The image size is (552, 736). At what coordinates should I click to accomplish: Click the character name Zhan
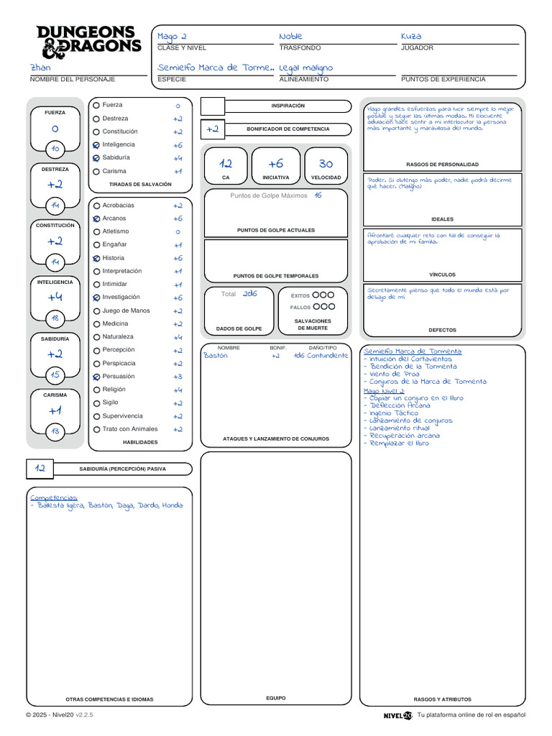pyautogui.click(x=40, y=68)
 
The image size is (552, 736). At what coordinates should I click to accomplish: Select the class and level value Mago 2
pyautogui.click(x=172, y=37)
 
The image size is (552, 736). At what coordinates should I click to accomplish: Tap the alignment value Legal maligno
pyautogui.click(x=306, y=68)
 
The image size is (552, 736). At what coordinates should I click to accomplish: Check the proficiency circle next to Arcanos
pyautogui.click(x=96, y=218)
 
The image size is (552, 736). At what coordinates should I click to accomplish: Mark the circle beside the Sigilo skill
pyautogui.click(x=96, y=403)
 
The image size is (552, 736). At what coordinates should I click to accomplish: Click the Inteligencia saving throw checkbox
pyautogui.click(x=96, y=144)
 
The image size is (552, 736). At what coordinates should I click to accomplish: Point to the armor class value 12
pyautogui.click(x=226, y=164)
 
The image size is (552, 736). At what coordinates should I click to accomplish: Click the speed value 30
pyautogui.click(x=326, y=164)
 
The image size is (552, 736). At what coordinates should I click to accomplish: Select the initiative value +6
pyautogui.click(x=275, y=164)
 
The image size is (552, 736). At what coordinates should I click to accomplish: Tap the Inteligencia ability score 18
pyautogui.click(x=55, y=318)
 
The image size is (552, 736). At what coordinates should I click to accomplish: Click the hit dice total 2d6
pyautogui.click(x=249, y=294)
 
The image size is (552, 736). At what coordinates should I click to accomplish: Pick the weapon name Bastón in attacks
pyautogui.click(x=216, y=356)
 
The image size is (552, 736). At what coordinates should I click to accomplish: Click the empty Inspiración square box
pyautogui.click(x=213, y=106)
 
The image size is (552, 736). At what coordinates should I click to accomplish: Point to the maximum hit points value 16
pyautogui.click(x=318, y=195)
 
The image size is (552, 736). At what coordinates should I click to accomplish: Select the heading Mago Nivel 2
pyautogui.click(x=384, y=391)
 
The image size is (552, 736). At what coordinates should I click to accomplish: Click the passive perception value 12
pyautogui.click(x=40, y=469)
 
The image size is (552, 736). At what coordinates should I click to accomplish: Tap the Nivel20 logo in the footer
pyautogui.click(x=397, y=715)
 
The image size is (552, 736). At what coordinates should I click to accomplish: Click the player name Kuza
pyautogui.click(x=411, y=37)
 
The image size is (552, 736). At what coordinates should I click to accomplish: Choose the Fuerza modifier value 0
pyautogui.click(x=55, y=129)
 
